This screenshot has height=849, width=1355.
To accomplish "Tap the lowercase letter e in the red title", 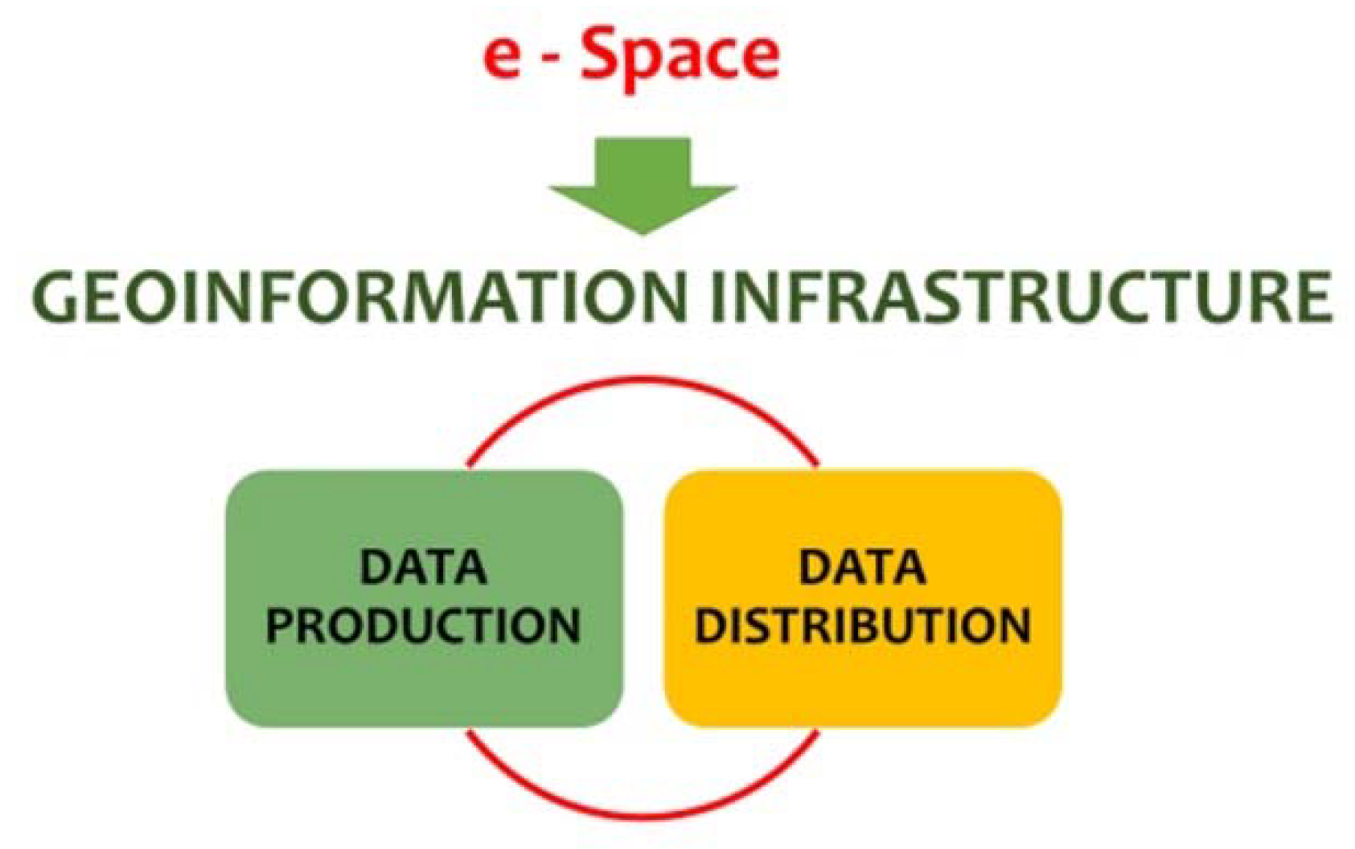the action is pos(502,58).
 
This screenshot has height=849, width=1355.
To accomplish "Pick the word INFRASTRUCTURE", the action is pos(1020,297).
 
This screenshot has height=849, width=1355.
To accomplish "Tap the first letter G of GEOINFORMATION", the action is pos(57,298).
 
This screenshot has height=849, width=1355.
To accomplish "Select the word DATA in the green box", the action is pos(423,568).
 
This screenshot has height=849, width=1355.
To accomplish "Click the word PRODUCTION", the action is pos(423,625).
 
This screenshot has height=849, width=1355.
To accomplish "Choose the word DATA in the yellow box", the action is pos(862,568).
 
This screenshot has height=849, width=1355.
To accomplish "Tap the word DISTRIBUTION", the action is pos(862,625).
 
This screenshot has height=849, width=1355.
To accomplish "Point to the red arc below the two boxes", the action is pos(643,817).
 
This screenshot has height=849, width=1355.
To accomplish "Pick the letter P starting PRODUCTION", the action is pos(281,625).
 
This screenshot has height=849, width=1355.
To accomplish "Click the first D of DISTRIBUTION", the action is pos(711,625).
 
